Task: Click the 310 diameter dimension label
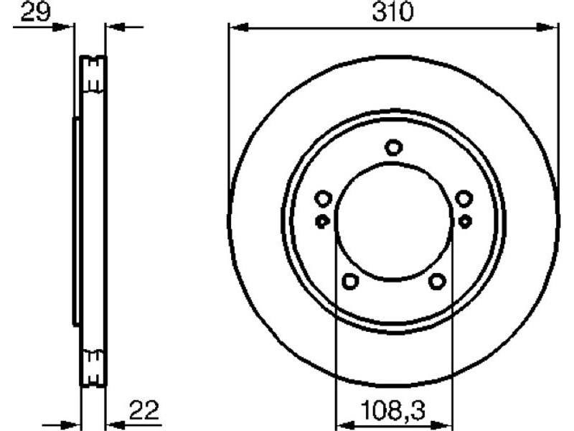[x=392, y=11]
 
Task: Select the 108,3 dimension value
[x=392, y=409]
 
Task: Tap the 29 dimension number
[x=34, y=11]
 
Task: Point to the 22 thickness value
[x=144, y=410]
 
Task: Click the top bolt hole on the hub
[x=394, y=148]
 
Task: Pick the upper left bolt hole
[x=324, y=199]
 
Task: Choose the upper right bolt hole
[x=464, y=199]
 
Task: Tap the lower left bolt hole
[x=350, y=281]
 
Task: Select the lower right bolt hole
[x=438, y=281]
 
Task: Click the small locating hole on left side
[x=322, y=221]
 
